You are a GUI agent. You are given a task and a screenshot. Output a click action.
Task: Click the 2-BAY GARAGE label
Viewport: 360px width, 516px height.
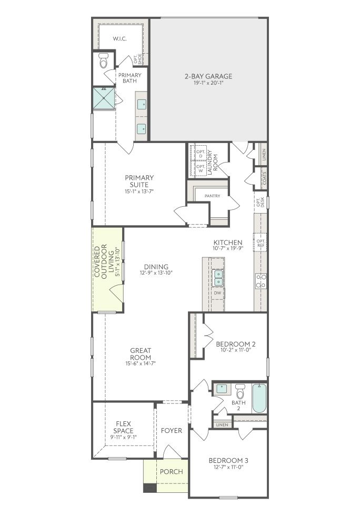pyautogui.click(x=208, y=76)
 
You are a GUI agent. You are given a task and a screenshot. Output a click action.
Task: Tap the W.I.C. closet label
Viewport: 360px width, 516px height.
pyautogui.click(x=119, y=39)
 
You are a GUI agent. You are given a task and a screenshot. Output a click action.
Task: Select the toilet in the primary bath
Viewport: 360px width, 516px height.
pyautogui.click(x=104, y=61)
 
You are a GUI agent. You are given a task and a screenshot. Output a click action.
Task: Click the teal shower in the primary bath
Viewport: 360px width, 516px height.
pyautogui.click(x=104, y=97)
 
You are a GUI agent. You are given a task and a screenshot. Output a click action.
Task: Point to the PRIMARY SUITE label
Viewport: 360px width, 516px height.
pyautogui.click(x=139, y=181)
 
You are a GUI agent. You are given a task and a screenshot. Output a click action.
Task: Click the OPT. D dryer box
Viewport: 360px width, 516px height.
pyautogui.click(x=201, y=154)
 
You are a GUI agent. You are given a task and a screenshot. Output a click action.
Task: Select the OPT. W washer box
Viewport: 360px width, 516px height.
pyautogui.click(x=201, y=168)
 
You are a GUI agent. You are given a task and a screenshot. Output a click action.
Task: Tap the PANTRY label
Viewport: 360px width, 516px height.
pyautogui.click(x=212, y=196)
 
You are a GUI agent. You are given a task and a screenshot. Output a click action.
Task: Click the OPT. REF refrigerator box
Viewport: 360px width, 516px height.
pyautogui.click(x=260, y=242)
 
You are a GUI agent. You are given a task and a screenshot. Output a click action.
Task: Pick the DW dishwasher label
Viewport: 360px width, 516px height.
pyautogui.click(x=217, y=293)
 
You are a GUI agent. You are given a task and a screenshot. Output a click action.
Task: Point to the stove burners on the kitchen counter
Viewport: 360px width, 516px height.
pyautogui.click(x=261, y=281)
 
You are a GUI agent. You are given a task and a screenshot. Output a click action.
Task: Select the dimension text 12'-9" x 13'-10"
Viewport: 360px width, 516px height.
pyautogui.click(x=156, y=272)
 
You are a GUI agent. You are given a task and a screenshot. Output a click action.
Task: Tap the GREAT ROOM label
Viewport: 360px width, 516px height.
pyautogui.click(x=141, y=354)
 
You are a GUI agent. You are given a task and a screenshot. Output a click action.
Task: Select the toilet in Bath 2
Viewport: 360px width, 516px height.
pyautogui.click(x=241, y=391)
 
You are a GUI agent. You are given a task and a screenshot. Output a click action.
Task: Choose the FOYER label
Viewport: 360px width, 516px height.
pyautogui.click(x=171, y=430)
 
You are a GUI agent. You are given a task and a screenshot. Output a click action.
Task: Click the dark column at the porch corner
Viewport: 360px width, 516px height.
pyautogui.click(x=150, y=488)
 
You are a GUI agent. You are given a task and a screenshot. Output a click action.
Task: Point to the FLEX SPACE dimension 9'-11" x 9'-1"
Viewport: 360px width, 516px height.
pyautogui.click(x=124, y=437)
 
